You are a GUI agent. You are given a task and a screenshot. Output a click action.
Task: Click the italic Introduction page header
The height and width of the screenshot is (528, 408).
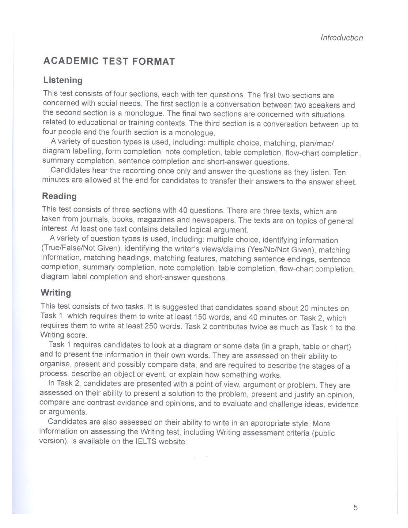(x=341, y=38)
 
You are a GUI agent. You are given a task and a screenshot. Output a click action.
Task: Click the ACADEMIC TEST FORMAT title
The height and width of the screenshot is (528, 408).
(x=109, y=62)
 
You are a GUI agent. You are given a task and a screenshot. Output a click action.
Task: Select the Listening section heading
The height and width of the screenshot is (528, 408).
(x=63, y=80)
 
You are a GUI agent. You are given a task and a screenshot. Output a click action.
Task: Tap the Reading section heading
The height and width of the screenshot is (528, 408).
(x=59, y=196)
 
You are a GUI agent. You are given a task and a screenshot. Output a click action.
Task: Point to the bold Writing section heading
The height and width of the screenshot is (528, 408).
(x=56, y=293)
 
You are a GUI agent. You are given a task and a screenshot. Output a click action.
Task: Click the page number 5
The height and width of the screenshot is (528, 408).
(x=356, y=508)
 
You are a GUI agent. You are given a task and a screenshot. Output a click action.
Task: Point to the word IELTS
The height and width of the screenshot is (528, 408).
(x=146, y=442)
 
